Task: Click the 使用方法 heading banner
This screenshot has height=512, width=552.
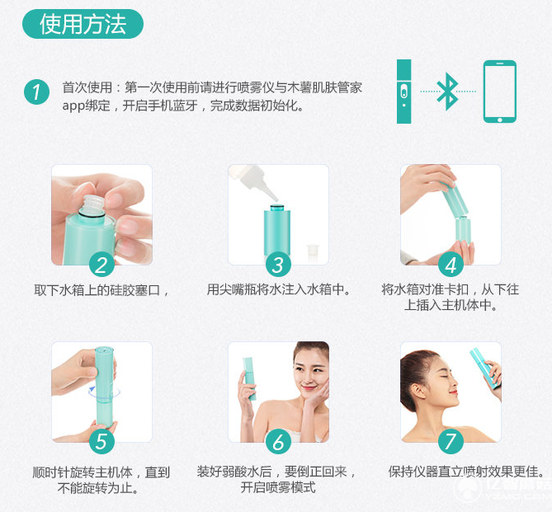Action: [x=83, y=24]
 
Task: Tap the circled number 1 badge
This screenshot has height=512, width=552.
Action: [x=35, y=92]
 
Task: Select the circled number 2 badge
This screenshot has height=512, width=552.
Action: [x=101, y=265]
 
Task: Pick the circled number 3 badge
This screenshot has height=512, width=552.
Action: [x=278, y=265]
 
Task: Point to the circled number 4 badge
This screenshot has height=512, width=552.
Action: [x=450, y=265]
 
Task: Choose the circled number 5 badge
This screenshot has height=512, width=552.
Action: [x=101, y=441]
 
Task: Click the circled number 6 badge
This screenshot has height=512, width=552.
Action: [x=278, y=441]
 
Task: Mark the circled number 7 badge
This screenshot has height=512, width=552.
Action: [x=450, y=441]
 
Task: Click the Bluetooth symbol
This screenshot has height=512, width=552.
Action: [x=447, y=92]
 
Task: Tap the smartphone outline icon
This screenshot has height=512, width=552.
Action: [x=499, y=92]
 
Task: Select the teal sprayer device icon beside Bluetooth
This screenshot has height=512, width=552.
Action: [x=403, y=92]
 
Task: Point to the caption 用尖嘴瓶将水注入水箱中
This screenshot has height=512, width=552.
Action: [x=278, y=290]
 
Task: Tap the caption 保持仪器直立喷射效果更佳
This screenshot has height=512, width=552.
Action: [x=466, y=472]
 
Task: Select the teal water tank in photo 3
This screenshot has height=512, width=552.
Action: [x=274, y=230]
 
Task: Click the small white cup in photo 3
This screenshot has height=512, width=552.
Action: [x=313, y=251]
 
